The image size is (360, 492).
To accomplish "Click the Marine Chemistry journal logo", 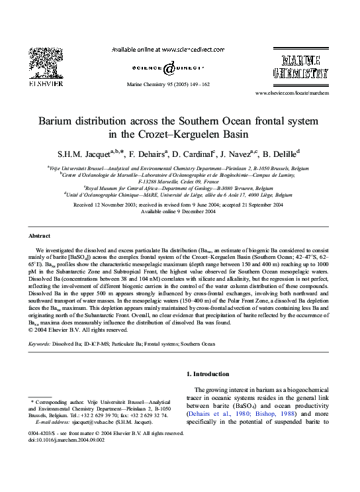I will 301,66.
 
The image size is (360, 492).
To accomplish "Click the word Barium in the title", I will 59,123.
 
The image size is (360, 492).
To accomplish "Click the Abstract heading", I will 40,236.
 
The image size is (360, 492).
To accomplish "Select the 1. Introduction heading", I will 210,374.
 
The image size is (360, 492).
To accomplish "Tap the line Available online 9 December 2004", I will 180,212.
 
